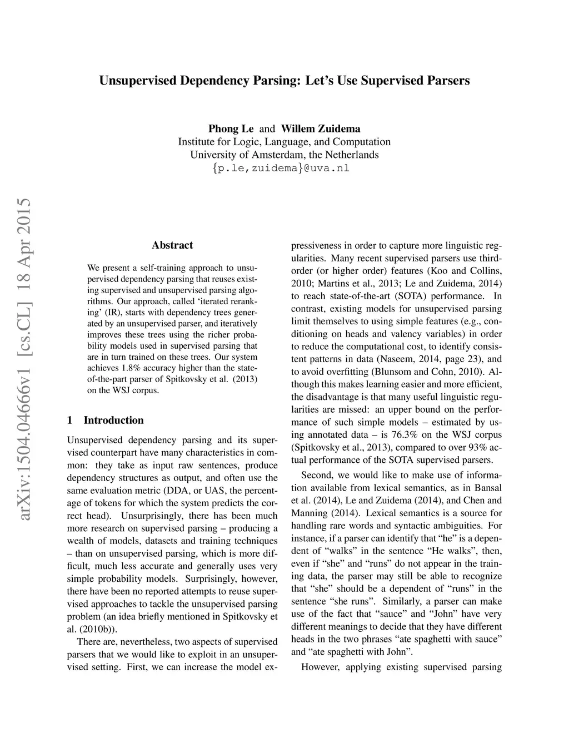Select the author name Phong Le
click(x=231, y=129)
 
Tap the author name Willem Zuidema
click(x=321, y=129)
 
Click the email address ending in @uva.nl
click(x=281, y=169)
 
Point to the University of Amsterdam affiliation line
click(x=284, y=155)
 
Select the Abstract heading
click(x=172, y=245)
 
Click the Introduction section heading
click(x=113, y=421)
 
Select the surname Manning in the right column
click(x=310, y=513)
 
